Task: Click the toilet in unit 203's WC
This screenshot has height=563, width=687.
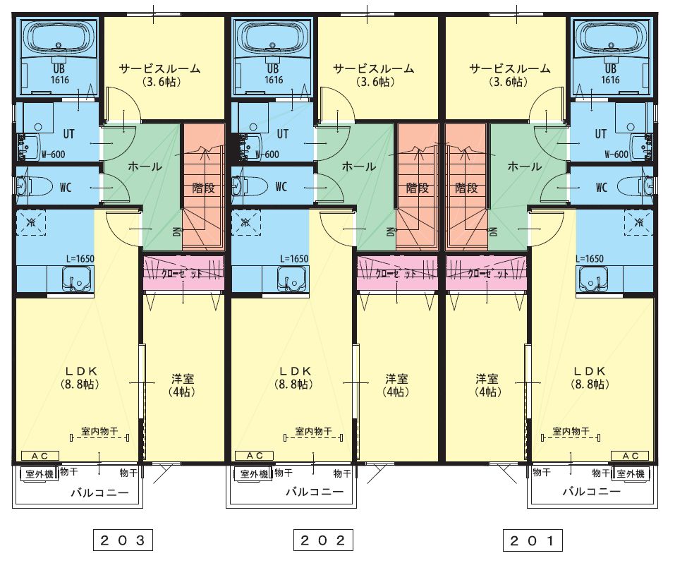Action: click(x=34, y=186)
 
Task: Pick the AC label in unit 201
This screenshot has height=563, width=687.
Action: click(x=631, y=456)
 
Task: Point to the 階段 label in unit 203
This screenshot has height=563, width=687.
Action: click(x=203, y=188)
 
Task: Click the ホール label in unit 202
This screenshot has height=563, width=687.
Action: click(x=358, y=167)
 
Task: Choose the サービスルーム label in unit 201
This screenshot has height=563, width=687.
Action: click(x=509, y=69)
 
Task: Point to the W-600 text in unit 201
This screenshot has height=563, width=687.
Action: click(x=617, y=155)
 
